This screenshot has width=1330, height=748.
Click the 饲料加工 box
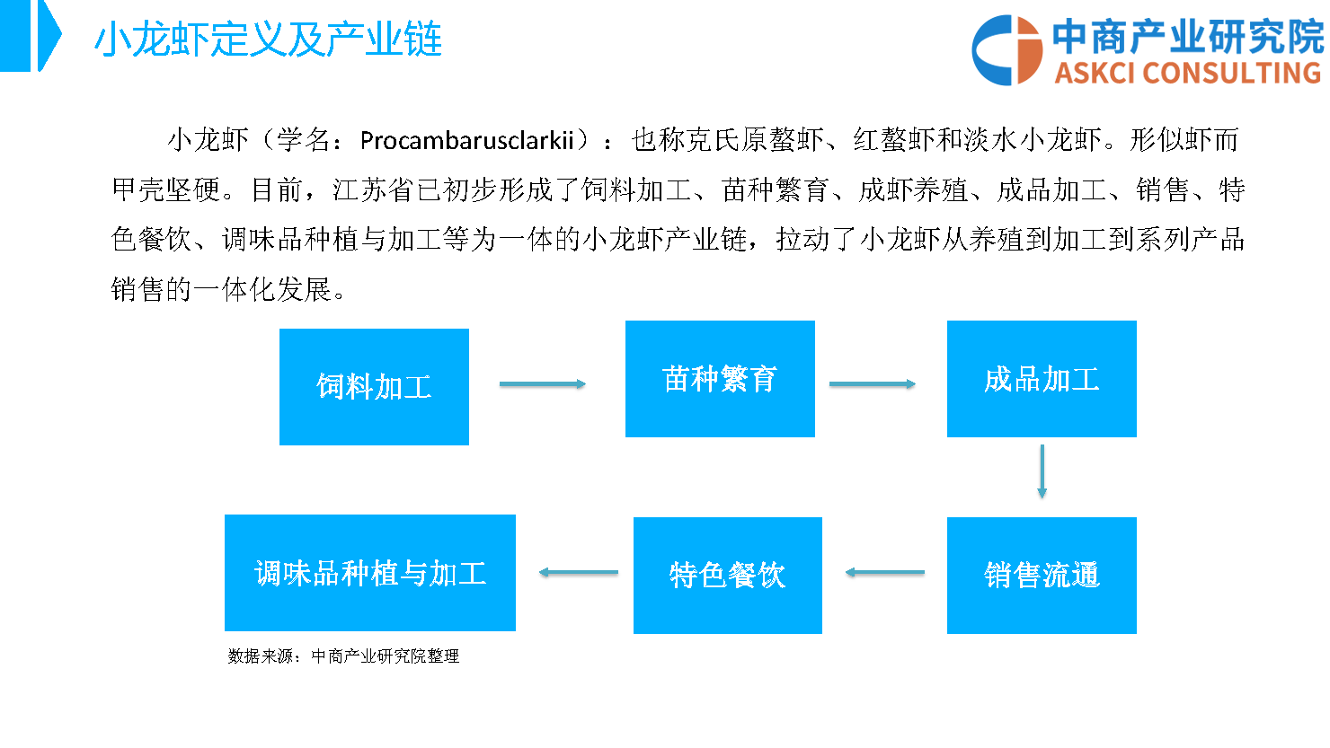[x=374, y=387]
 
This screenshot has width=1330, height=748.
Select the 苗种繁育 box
[x=720, y=378]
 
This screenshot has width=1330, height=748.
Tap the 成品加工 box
[x=1042, y=378]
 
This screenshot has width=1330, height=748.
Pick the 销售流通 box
[x=1042, y=575]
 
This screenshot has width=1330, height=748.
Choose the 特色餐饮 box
[x=727, y=575]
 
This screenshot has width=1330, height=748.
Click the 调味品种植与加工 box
[x=370, y=572]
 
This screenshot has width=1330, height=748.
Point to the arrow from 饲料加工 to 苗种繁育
[x=543, y=383]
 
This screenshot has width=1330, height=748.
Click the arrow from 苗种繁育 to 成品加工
[x=873, y=383]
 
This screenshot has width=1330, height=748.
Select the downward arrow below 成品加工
[x=1042, y=471]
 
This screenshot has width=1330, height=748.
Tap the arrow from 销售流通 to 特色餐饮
[x=884, y=572]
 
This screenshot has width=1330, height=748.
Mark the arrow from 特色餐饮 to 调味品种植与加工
[x=579, y=572]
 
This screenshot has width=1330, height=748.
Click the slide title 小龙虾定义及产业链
[x=269, y=40]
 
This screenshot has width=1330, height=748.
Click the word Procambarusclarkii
[x=466, y=141]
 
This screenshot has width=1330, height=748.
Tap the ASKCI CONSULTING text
[x=1187, y=73]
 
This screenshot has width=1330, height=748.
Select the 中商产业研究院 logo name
[x=1187, y=37]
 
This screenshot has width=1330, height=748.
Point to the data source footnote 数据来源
[x=343, y=656]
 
